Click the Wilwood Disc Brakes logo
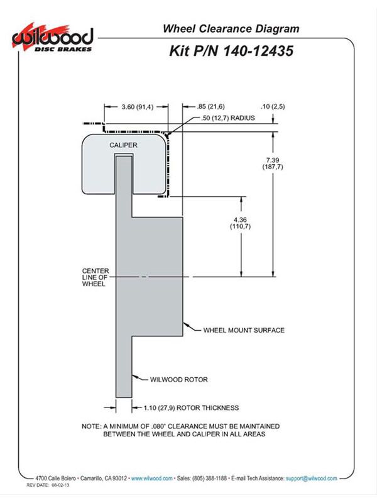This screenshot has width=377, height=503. coord(53,38)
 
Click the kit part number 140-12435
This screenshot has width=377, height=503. coord(258,51)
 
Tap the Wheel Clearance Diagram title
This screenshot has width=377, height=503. coord(231,28)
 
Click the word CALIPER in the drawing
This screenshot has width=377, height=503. coord(123,145)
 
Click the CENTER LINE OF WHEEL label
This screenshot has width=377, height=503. coord(96,277)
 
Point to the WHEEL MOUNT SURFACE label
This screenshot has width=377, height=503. coord(244,330)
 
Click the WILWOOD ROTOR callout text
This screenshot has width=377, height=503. coord(179,380)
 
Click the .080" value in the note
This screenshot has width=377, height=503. coord(158,426)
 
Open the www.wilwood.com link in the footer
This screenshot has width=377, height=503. coord(151,478)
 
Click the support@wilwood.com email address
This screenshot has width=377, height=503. coord(311,478)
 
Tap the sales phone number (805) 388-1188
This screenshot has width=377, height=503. coord(210,478)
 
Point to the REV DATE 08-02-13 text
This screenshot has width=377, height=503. coord(48,485)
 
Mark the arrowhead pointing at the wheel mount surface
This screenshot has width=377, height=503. coord(185,324)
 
